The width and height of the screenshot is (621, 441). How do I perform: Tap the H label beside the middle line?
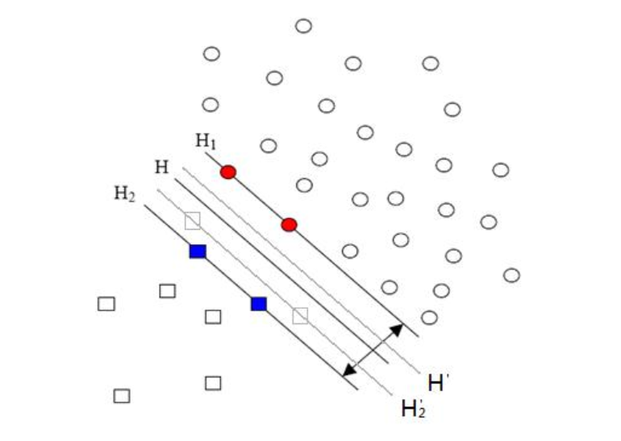pyautogui.click(x=161, y=167)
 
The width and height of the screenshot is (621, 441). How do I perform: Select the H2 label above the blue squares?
pyautogui.click(x=124, y=194)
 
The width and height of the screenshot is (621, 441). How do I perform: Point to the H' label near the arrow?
pyautogui.click(x=437, y=383)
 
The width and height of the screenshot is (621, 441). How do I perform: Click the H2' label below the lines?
pyautogui.click(x=413, y=409)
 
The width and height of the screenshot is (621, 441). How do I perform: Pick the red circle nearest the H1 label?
pyautogui.click(x=228, y=172)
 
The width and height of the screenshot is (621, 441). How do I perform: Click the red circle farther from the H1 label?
pyautogui.click(x=290, y=224)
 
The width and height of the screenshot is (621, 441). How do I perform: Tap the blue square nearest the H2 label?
pyautogui.click(x=198, y=252)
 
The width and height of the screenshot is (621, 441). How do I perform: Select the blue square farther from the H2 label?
pyautogui.click(x=258, y=304)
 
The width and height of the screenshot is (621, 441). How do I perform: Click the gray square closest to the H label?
pyautogui.click(x=192, y=221)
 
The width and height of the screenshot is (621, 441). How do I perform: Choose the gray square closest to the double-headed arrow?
pyautogui.click(x=300, y=315)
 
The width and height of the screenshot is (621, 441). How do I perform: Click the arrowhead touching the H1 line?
pyautogui.click(x=398, y=328)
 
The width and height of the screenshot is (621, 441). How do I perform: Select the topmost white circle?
pyautogui.click(x=303, y=26)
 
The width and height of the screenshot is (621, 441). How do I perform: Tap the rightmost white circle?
pyautogui.click(x=511, y=275)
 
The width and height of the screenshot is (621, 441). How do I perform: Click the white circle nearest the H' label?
pyautogui.click(x=429, y=318)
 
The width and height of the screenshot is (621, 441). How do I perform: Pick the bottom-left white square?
pyautogui.click(x=122, y=396)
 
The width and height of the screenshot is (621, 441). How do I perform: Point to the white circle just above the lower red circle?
pyautogui.click(x=304, y=185)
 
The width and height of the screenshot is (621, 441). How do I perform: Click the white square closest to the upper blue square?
pyautogui.click(x=168, y=290)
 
